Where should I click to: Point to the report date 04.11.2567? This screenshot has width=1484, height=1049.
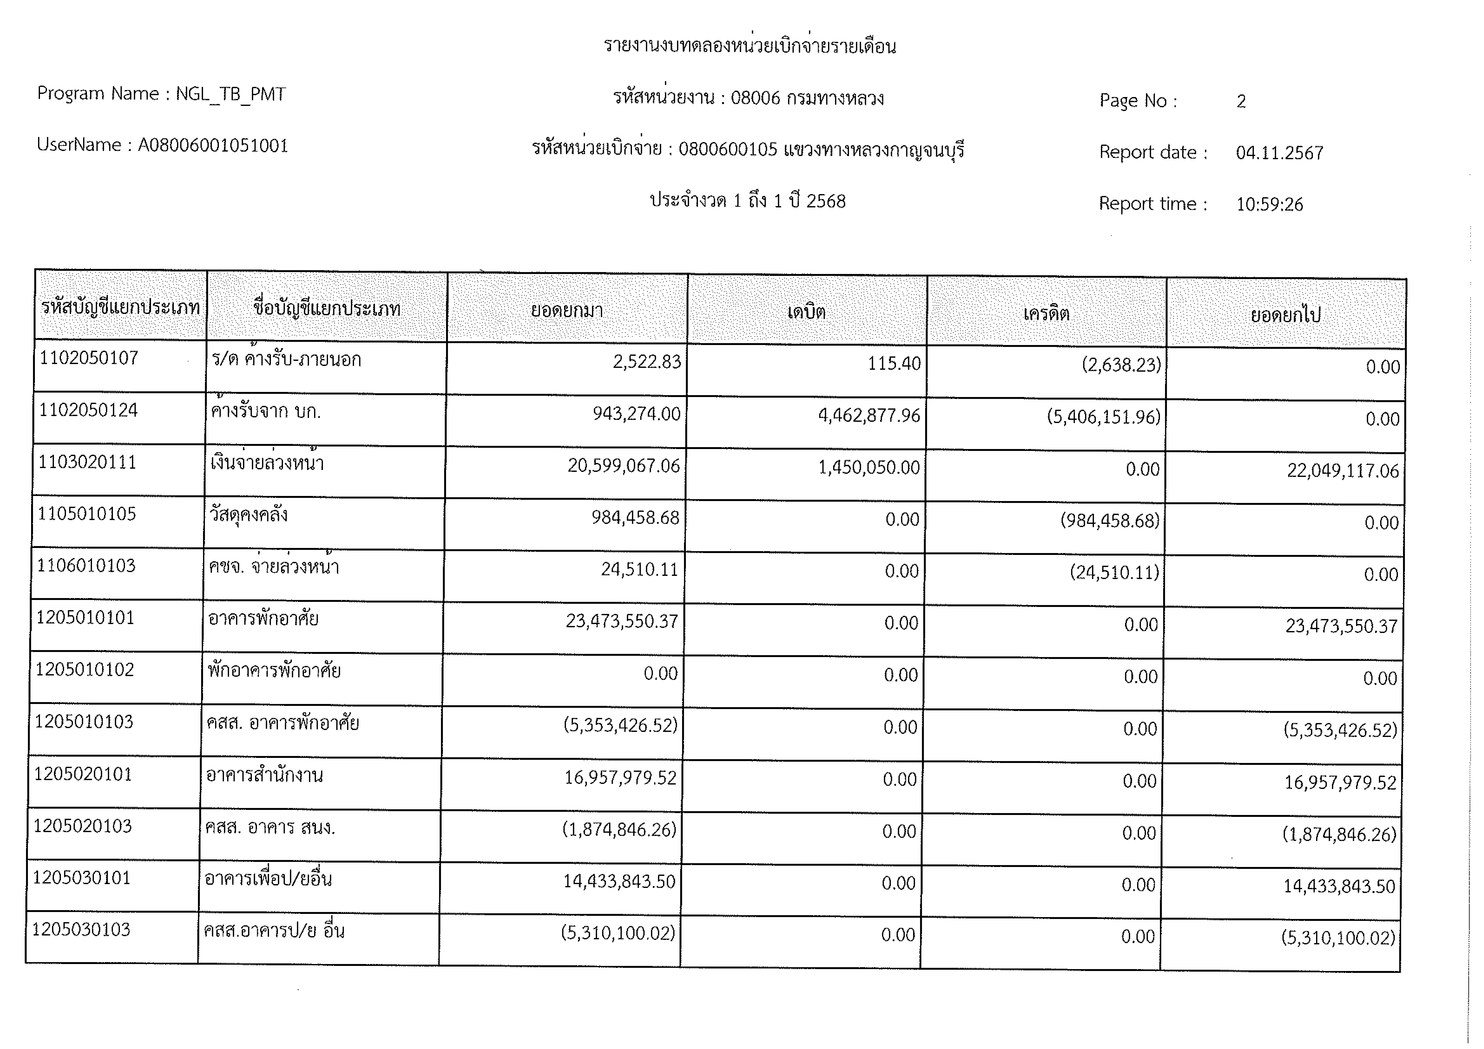point(1279,153)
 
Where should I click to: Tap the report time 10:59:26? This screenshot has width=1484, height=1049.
point(1269,205)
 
